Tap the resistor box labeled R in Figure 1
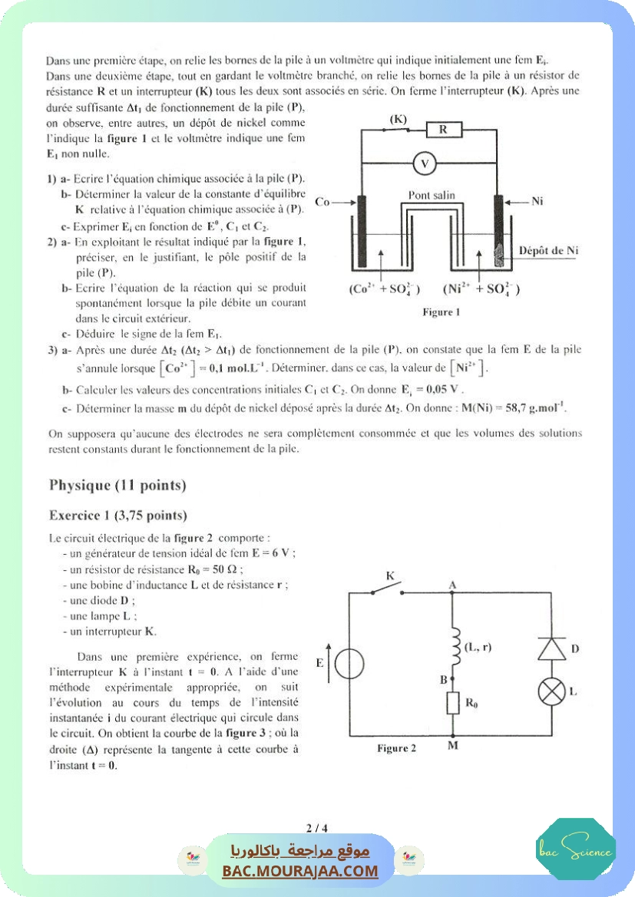[x=443, y=130]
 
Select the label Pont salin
[x=431, y=195]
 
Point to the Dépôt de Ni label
[x=548, y=250]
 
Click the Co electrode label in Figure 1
[x=322, y=202]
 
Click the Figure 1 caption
[x=442, y=312]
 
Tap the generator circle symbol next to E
[x=349, y=663]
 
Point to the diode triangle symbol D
[x=551, y=649]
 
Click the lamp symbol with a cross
[x=551, y=692]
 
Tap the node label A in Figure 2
[x=453, y=585]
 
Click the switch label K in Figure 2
[x=390, y=575]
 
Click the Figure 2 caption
[x=397, y=748]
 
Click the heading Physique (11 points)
[x=117, y=485]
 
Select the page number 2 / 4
[x=316, y=828]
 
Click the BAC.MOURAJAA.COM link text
[x=300, y=871]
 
